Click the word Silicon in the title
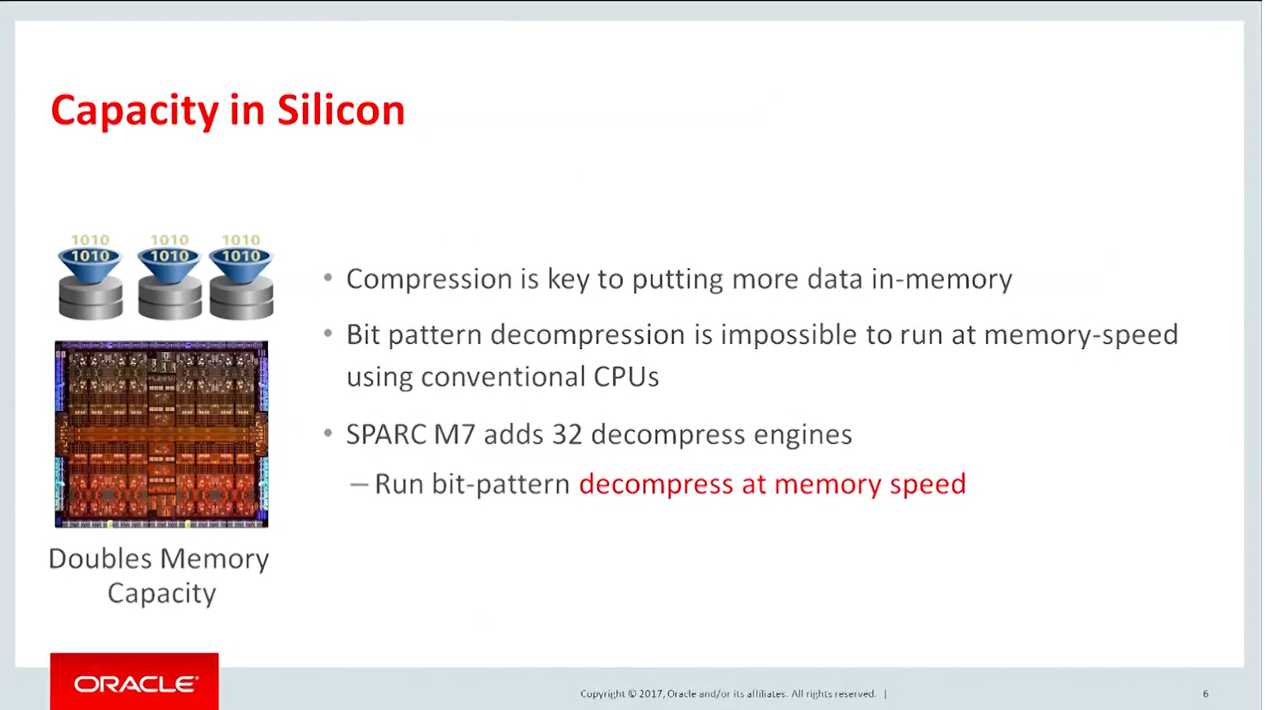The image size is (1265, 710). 341,110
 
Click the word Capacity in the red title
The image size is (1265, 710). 134,110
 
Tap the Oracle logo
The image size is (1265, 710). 134,683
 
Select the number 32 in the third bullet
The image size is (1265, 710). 567,435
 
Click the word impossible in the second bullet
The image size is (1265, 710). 789,335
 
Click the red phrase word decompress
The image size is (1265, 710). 655,484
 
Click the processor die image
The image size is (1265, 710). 161,434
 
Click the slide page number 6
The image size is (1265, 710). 1205,694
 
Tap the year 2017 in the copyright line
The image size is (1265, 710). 650,694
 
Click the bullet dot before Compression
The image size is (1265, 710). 328,278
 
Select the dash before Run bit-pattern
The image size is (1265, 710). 359,485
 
